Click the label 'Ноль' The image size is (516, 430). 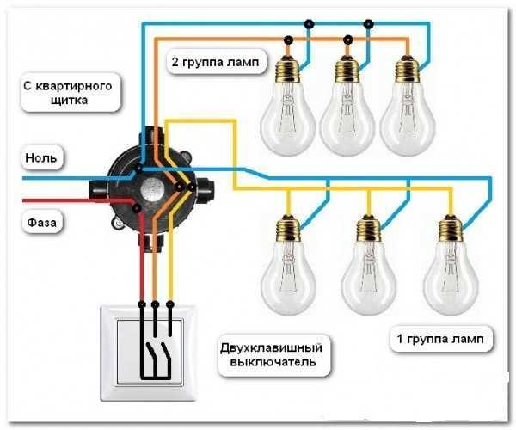(x=41, y=158)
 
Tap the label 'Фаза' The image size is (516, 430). (x=42, y=223)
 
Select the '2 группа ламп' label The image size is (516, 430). (x=215, y=62)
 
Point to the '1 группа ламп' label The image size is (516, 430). (x=440, y=339)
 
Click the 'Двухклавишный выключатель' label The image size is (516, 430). (x=271, y=355)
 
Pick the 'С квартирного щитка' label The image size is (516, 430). (x=68, y=92)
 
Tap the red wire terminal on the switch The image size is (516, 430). (x=142, y=304)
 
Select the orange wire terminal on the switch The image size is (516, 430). (x=155, y=304)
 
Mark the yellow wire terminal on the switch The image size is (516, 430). (x=169, y=304)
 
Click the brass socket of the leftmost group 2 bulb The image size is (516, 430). (x=288, y=70)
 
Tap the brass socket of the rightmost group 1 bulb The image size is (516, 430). (x=451, y=230)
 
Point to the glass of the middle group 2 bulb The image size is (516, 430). (x=347, y=119)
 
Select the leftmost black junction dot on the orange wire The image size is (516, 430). (x=289, y=40)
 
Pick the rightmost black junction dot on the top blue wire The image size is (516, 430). (x=369, y=23)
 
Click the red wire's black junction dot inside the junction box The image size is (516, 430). (x=135, y=208)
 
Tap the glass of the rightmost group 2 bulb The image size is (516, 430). (x=408, y=119)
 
